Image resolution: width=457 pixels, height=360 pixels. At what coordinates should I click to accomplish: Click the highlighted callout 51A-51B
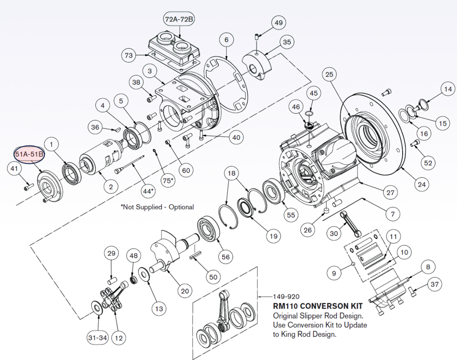click(x=29, y=154)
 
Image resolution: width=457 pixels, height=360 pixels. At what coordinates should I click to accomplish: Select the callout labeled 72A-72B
click(x=179, y=19)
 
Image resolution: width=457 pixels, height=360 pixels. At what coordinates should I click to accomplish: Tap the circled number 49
click(x=278, y=23)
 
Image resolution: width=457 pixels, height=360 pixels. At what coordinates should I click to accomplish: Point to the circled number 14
click(x=447, y=89)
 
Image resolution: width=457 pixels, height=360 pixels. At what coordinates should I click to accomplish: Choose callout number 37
click(x=434, y=285)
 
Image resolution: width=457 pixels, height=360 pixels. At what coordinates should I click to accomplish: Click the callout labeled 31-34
click(x=97, y=338)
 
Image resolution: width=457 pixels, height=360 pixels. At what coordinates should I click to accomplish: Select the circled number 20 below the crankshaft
click(x=185, y=291)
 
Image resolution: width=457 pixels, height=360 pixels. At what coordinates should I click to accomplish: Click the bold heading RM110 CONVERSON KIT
click(x=317, y=306)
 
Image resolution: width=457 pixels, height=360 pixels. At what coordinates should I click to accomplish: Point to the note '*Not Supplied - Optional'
click(x=157, y=207)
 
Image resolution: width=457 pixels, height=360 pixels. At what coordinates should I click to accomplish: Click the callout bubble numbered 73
click(x=129, y=55)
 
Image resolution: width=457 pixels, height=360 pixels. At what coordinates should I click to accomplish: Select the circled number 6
click(x=226, y=40)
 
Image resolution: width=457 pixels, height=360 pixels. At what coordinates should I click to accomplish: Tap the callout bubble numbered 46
click(x=295, y=108)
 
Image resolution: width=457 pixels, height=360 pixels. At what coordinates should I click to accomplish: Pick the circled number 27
click(x=390, y=193)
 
